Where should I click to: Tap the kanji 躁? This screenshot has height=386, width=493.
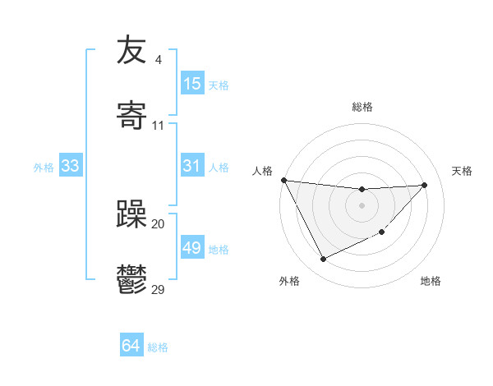click(x=131, y=214)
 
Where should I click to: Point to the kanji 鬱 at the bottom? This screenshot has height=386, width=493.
click(x=131, y=280)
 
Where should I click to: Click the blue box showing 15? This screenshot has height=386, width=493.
click(x=192, y=84)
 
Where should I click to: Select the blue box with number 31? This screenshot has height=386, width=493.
click(x=192, y=166)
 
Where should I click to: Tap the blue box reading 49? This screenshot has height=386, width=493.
click(x=192, y=248)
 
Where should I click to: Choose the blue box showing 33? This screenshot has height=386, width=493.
click(x=71, y=166)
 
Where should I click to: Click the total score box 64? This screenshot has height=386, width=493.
click(x=131, y=346)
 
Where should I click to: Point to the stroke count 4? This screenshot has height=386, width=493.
click(x=158, y=60)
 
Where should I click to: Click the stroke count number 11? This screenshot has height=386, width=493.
click(x=158, y=126)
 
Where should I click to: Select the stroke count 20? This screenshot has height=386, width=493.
click(x=158, y=224)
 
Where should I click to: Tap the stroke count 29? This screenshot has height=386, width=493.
click(x=158, y=290)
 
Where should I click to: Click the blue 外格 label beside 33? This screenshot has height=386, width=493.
click(x=44, y=168)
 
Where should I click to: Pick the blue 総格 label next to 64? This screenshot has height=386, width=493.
click(x=158, y=347)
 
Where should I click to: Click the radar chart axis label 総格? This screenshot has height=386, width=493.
click(x=362, y=107)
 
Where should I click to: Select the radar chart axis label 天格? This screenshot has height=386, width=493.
click(x=463, y=171)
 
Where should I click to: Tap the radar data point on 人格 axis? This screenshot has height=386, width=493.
click(x=283, y=180)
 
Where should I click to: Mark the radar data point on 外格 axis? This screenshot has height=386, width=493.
click(x=323, y=260)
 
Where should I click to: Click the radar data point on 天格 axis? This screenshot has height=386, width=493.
click(x=425, y=185)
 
